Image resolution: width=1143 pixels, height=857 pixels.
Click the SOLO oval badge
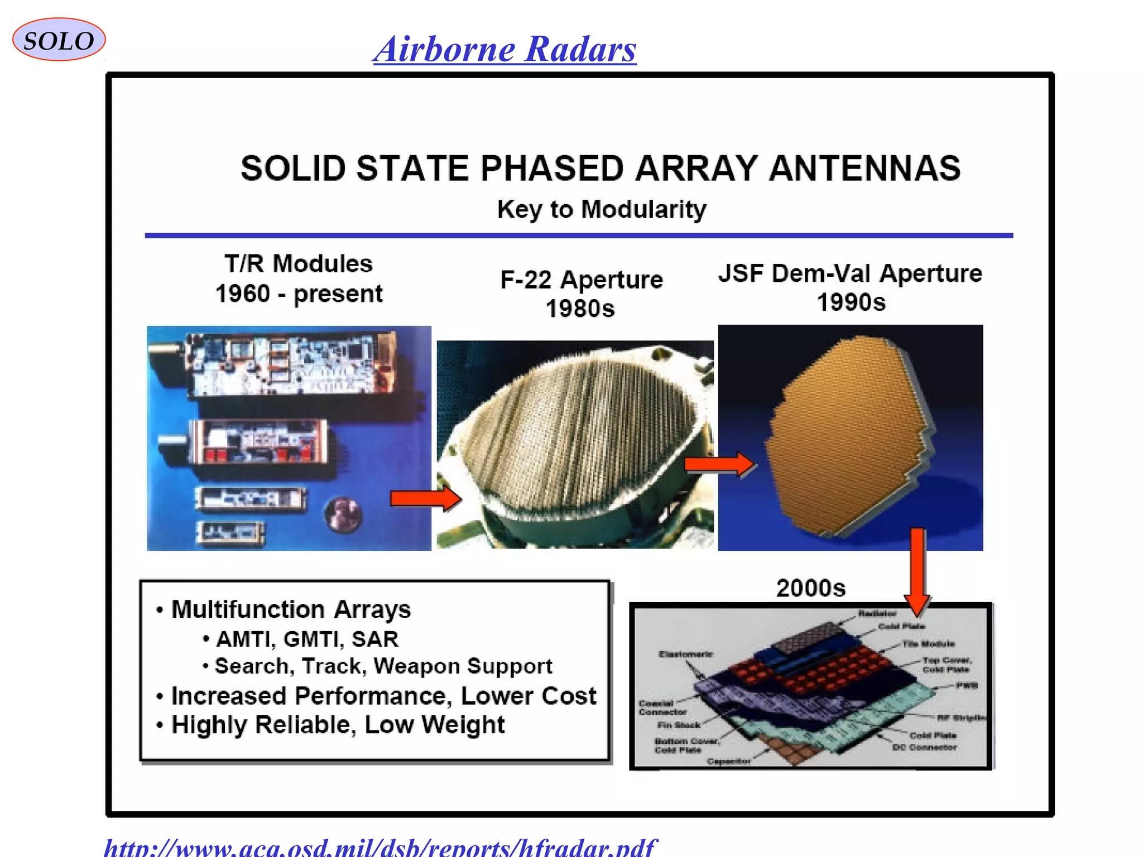tap(59, 40)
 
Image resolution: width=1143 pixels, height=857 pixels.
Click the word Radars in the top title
tap(580, 49)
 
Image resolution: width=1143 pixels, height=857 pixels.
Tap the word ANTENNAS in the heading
tap(865, 168)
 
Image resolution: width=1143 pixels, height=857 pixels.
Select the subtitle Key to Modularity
tap(601, 210)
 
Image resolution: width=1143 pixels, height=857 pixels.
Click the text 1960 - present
tap(299, 294)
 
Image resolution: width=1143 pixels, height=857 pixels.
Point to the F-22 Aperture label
tap(581, 280)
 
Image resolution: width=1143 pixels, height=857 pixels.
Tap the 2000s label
tap(810, 588)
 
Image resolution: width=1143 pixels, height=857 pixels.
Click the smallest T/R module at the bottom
tap(230, 532)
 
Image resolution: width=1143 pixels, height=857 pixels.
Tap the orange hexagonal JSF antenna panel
tap(848, 435)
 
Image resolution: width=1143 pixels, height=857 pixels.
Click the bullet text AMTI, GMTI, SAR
tap(307, 639)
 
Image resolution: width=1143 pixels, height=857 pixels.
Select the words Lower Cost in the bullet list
tap(528, 696)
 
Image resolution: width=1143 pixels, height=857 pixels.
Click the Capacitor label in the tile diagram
tap(728, 762)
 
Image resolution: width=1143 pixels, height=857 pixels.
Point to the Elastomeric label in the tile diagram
tap(685, 654)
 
